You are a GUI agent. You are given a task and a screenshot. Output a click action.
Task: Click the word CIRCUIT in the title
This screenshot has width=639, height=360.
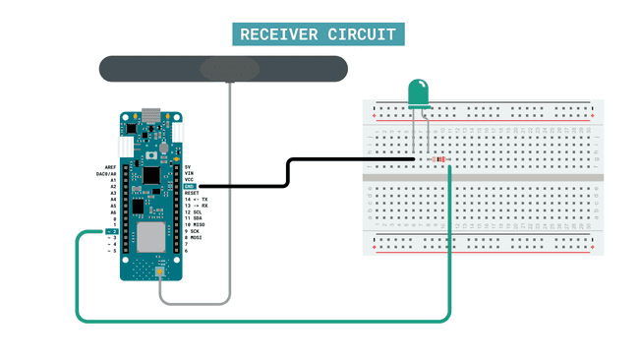pos(364,34)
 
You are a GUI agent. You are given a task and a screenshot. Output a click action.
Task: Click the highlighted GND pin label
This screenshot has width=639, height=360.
pos(191,186)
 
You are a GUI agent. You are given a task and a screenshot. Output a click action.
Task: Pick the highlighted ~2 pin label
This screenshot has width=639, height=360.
pos(112,230)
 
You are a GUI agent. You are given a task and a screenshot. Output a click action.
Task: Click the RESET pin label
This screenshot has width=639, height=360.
pos(195,193)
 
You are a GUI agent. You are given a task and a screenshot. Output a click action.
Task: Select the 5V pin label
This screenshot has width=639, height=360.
pos(189,168)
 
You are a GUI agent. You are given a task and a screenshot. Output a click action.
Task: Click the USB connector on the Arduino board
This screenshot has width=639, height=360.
pos(151,115)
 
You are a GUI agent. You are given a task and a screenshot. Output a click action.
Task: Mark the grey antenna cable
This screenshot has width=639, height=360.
pos(229,197)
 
